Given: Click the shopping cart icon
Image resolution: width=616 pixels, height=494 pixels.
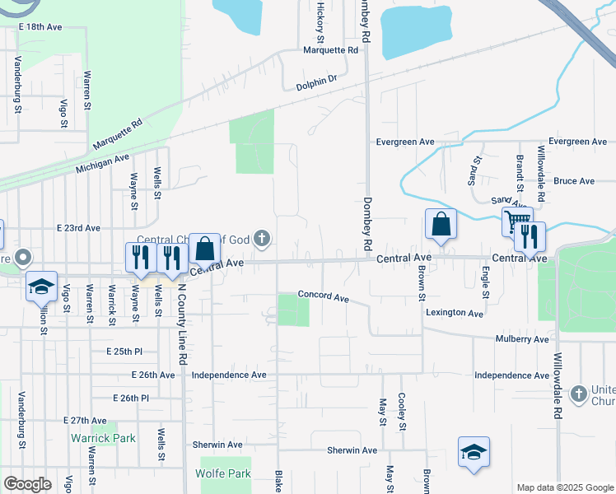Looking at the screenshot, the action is click(x=516, y=221).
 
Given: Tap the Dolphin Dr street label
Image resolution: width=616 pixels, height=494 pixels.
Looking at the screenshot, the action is click(x=316, y=80).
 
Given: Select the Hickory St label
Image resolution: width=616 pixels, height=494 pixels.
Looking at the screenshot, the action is click(x=320, y=21).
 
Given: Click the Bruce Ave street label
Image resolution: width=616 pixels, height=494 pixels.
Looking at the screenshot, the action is click(x=574, y=181).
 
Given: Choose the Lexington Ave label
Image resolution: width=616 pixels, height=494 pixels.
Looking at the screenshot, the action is click(x=454, y=313).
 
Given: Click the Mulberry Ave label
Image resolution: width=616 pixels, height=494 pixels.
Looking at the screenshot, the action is click(x=522, y=339).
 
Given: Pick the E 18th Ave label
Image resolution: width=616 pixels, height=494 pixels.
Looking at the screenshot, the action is click(x=40, y=27).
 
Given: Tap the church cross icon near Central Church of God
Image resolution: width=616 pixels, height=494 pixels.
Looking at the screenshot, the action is click(x=262, y=240).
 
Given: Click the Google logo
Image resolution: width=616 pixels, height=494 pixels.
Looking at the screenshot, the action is click(x=27, y=483).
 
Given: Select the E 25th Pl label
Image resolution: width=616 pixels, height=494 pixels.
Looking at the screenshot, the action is click(x=124, y=352).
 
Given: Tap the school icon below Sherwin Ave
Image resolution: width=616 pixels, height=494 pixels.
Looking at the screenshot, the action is click(x=474, y=453).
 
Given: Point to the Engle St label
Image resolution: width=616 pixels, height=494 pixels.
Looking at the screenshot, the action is click(x=486, y=282).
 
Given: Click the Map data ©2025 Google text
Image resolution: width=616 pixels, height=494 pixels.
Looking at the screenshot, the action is click(x=564, y=487).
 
